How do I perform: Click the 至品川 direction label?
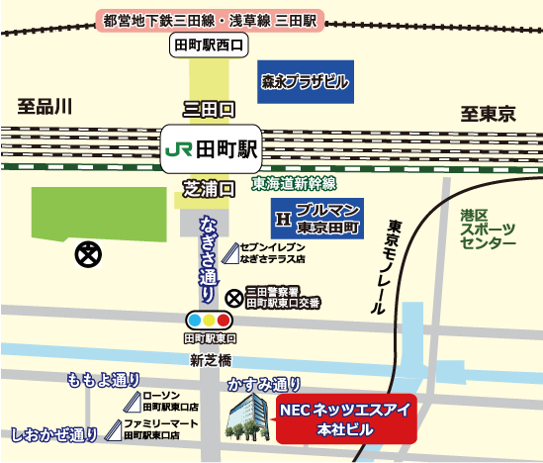(x=45, y=106)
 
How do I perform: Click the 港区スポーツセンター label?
(x=488, y=228)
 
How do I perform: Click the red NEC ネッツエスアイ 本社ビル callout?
(x=344, y=419)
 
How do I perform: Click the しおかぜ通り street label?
(x=55, y=432)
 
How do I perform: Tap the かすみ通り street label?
(x=264, y=383)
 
